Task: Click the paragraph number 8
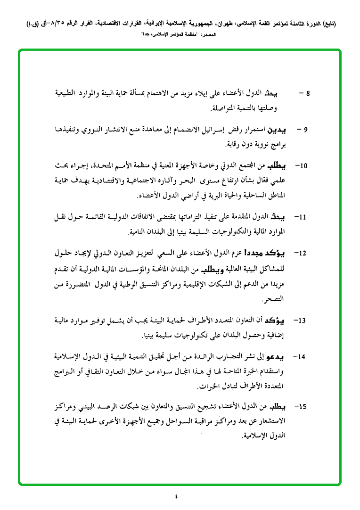[x=308, y=93]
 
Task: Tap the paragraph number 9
[x=306, y=129]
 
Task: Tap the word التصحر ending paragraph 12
[x=275, y=300]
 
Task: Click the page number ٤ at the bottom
[x=176, y=496]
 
